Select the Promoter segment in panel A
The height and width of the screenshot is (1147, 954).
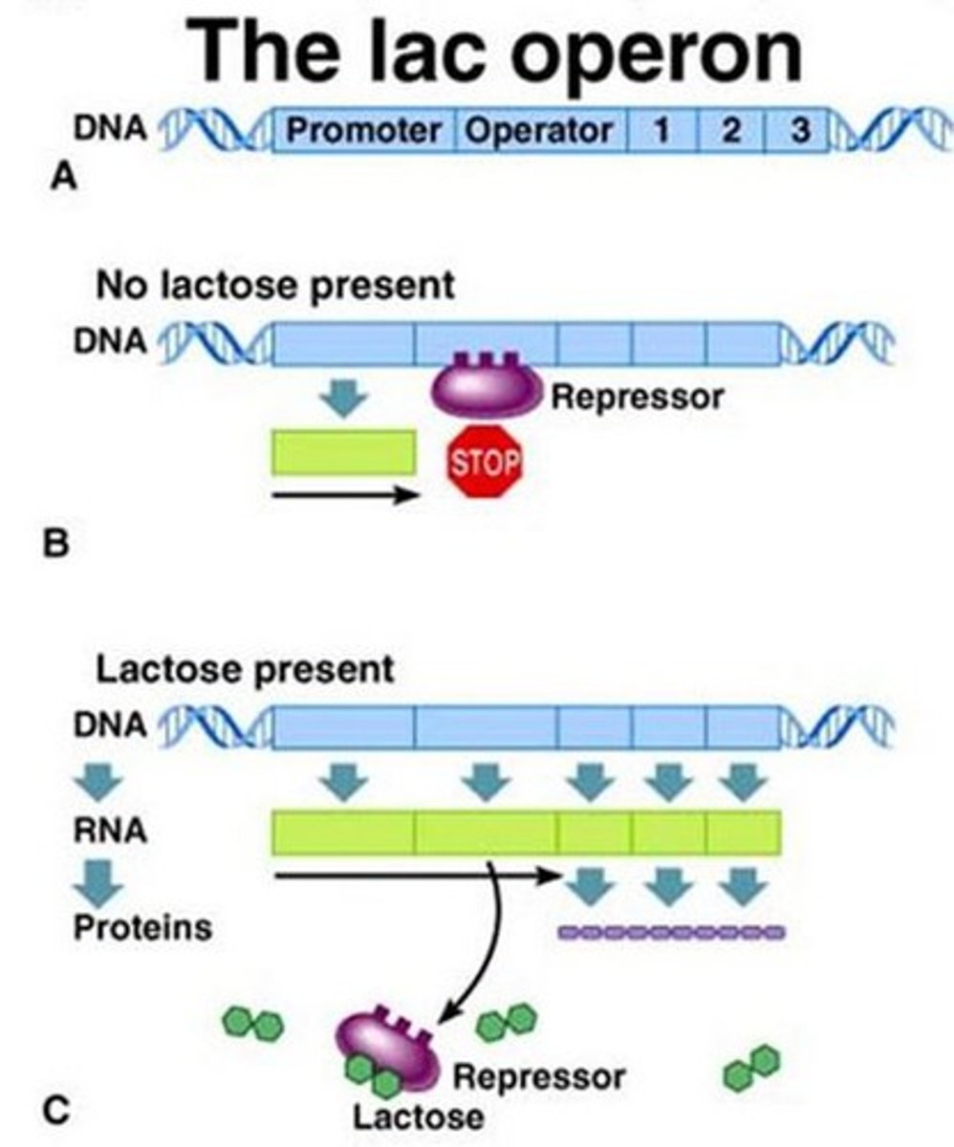point(365,131)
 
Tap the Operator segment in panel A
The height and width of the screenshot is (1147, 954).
point(537,131)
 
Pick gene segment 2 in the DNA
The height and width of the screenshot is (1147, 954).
point(731,131)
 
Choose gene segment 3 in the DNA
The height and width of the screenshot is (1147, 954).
point(798,131)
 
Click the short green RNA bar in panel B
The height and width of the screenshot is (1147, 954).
point(344,451)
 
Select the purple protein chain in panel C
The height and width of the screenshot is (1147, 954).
point(671,931)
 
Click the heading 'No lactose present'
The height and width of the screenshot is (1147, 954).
point(275,286)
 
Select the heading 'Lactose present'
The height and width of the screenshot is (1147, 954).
point(245,669)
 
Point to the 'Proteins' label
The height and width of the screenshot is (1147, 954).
point(143,927)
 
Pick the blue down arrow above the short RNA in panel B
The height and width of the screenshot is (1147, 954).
point(343,399)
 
